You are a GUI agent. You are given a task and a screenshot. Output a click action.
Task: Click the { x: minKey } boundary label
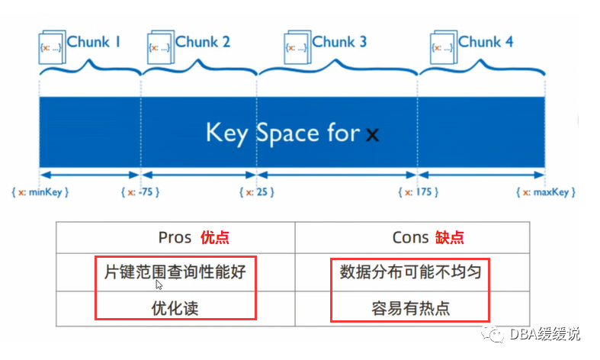[41, 192]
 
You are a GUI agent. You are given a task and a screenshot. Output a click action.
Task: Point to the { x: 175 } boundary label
[419, 192]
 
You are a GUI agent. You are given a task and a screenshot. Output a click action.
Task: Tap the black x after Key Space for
[372, 136]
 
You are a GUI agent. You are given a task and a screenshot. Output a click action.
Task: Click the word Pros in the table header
[175, 237]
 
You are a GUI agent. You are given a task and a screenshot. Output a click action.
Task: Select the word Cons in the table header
[410, 237]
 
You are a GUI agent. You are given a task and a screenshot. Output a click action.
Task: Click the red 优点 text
[213, 237]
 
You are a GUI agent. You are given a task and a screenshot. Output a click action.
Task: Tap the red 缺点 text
[450, 237]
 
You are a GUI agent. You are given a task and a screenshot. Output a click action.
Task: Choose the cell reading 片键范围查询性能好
[175, 272]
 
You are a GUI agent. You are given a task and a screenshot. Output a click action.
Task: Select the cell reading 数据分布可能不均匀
[410, 272]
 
